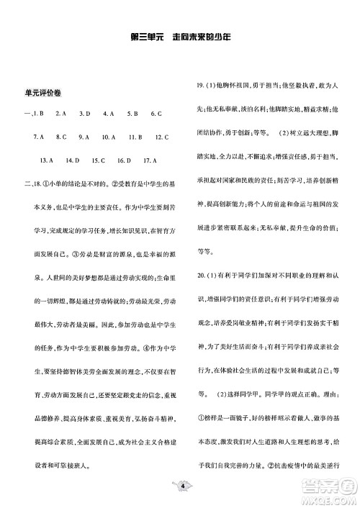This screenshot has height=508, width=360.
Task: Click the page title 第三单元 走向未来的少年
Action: tap(180, 37)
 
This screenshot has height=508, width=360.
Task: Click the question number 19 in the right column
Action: tap(202, 86)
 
